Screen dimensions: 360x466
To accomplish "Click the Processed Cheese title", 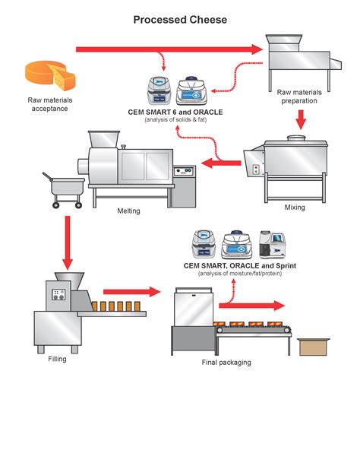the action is coord(180,20).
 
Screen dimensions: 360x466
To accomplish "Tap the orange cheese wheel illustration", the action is coord(50,75).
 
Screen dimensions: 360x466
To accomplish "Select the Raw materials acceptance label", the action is coord(50,104).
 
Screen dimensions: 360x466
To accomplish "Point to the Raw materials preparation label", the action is coord(299,97).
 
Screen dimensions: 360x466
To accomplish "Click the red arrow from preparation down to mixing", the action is coord(301,120).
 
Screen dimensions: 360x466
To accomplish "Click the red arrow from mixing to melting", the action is coord(221,163).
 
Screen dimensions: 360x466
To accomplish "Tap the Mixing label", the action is coord(295,207).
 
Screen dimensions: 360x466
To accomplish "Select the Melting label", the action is coord(128,211).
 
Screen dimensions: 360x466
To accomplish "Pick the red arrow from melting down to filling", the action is coord(68,243).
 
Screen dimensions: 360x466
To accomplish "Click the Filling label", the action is coord(57,359).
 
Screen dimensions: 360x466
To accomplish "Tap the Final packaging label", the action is coord(226,363).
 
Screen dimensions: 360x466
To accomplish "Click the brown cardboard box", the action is coord(314,347).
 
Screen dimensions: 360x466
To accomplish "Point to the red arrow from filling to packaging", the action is coord(132,292).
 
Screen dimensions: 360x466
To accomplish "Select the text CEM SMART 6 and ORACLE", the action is coord(175,113).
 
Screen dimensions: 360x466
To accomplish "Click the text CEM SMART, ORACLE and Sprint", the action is coord(240,266).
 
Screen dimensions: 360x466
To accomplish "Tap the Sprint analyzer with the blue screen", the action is coord(273,244).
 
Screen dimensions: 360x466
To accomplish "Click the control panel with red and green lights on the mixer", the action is coord(256,170).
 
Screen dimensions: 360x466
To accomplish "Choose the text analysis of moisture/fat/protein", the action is coord(240,274).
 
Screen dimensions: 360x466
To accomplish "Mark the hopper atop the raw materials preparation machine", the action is coord(284,43).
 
